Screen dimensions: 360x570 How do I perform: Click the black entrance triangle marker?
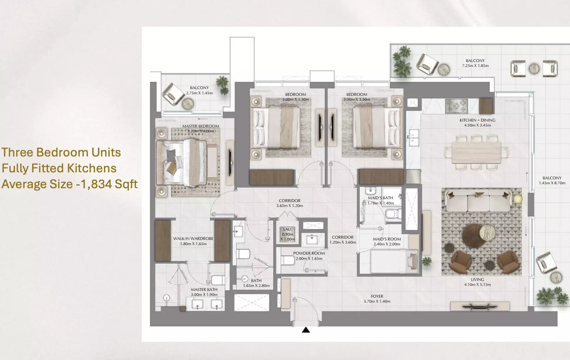(x=306, y=330)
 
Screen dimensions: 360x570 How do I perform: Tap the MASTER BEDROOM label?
(x=200, y=126)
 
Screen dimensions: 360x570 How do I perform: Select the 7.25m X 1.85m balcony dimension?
(x=475, y=66)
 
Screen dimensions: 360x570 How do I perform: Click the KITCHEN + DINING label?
(x=477, y=120)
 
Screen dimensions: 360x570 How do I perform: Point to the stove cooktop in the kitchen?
(x=456, y=106)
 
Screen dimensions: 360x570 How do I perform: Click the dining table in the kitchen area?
(x=476, y=152)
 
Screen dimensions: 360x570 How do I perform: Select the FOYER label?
(x=377, y=296)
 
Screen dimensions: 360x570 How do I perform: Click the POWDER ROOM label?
(x=309, y=253)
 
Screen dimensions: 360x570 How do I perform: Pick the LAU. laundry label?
(x=287, y=229)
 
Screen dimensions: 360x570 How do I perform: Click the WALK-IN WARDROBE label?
(x=193, y=238)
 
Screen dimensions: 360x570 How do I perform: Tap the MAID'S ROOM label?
(x=387, y=239)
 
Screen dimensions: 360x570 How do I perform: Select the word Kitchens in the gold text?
(x=92, y=168)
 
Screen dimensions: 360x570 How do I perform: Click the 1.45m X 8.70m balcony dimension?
(x=552, y=183)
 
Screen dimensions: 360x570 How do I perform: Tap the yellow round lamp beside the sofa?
(x=518, y=199)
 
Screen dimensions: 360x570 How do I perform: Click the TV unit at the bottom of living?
(x=480, y=307)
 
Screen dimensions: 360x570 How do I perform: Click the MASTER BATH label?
(x=204, y=290)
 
